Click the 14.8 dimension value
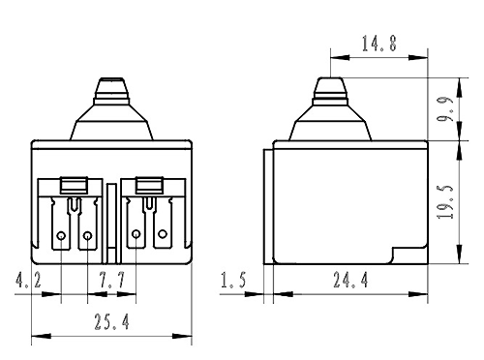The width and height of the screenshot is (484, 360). click(378, 44)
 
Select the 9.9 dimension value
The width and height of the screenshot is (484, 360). click(445, 108)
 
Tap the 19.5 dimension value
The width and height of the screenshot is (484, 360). click(445, 202)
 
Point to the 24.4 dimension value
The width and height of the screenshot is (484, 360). click(350, 280)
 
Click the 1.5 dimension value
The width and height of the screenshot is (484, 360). click(233, 280)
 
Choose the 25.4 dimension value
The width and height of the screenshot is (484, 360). click(111, 321)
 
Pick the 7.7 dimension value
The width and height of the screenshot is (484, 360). click(111, 280)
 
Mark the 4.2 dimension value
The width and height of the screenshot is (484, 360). click(28, 280)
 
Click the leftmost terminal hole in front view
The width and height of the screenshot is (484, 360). click(61, 236)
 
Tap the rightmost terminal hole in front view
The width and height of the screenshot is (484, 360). click(163, 233)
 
